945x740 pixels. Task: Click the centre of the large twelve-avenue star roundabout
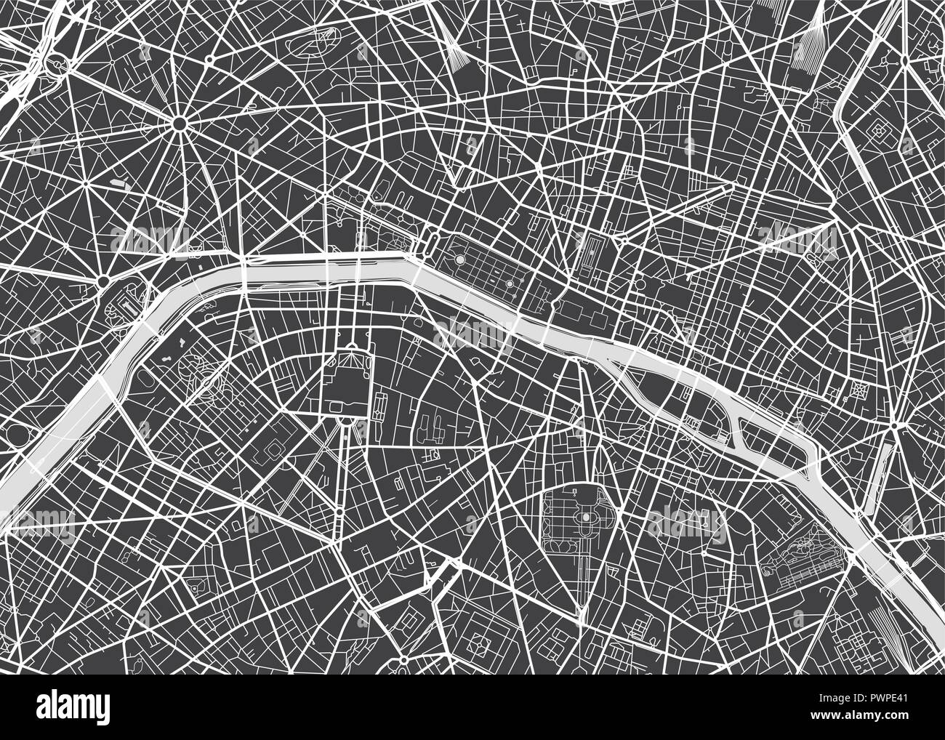179,124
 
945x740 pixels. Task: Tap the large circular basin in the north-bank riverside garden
459,259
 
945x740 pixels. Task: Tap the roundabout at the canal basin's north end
900,425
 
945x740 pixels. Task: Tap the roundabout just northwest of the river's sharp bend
103,281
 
